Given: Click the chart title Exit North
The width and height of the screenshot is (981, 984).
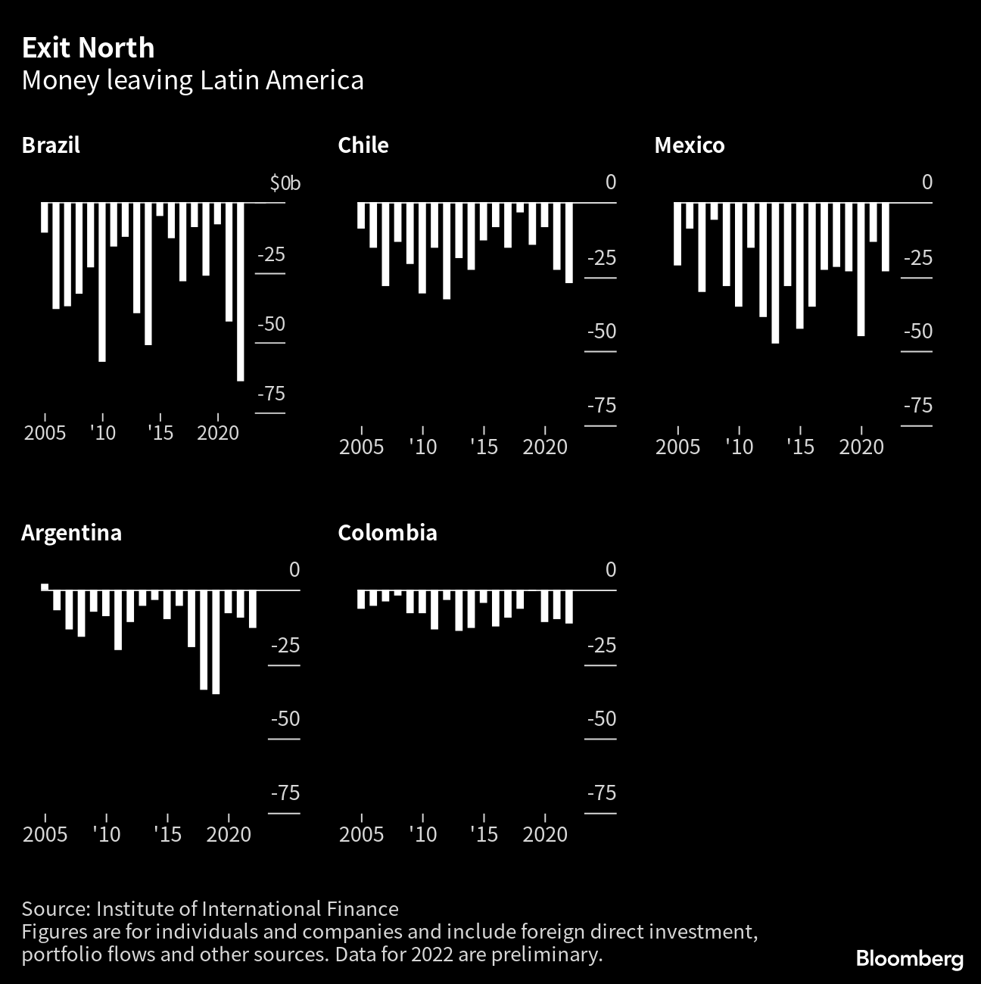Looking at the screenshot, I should click(x=88, y=48).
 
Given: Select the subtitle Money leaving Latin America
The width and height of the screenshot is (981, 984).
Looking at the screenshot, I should click(x=192, y=80).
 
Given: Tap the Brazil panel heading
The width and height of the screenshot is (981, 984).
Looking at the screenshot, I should click(x=51, y=145).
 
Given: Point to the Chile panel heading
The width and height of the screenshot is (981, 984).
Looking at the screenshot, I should click(x=363, y=145).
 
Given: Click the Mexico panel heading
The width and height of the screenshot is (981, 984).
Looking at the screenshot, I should click(x=689, y=145).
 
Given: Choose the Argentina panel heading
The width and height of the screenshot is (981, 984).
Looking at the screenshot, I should click(x=71, y=533).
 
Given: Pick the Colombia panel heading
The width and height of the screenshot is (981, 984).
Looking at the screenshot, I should click(x=387, y=533).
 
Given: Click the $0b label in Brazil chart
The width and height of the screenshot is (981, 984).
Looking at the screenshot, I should click(x=285, y=183).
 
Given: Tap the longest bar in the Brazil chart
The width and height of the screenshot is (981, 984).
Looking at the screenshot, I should click(x=241, y=291).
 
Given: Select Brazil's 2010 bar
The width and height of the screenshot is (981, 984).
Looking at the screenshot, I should click(x=102, y=282).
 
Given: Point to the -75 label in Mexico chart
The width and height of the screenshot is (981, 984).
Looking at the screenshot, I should click(x=917, y=406).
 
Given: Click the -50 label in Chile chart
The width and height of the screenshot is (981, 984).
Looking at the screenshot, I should click(x=602, y=332).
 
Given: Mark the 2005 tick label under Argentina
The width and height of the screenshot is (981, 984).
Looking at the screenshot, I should click(x=45, y=834).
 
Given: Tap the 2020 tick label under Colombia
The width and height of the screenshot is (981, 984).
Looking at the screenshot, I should click(x=545, y=834).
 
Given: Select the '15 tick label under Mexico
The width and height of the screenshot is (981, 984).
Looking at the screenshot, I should click(x=799, y=447).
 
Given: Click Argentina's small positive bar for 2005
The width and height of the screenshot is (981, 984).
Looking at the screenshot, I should click(x=45, y=587).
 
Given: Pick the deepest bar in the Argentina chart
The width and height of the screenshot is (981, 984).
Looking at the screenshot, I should click(x=216, y=642).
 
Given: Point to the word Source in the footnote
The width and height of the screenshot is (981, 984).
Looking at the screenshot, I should click(x=54, y=909).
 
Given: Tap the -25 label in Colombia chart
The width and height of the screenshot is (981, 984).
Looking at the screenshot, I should click(x=602, y=646).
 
